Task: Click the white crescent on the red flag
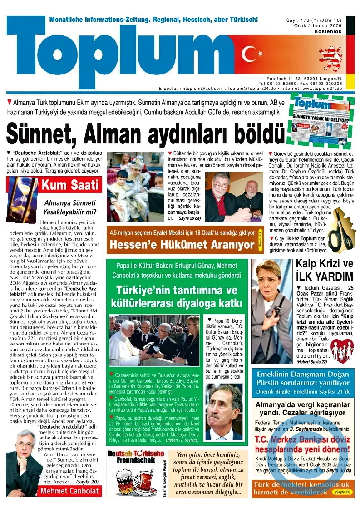(x=249, y=54)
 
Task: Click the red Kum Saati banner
(x=70, y=185)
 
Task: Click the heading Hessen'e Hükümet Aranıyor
(x=182, y=245)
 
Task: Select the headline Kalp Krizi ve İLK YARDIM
(x=324, y=270)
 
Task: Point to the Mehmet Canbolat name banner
(x=70, y=491)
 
